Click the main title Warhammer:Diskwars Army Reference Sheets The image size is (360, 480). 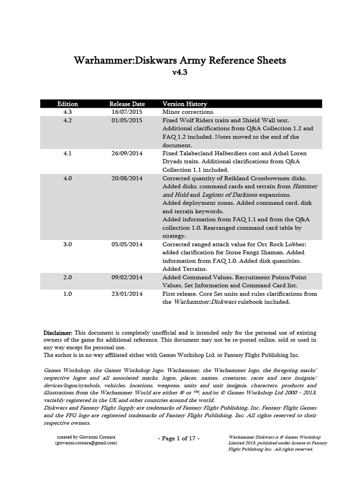[x=180, y=61]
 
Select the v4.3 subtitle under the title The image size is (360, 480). [x=180, y=74]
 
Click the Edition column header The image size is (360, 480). [x=67, y=104]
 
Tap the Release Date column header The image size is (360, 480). [x=127, y=104]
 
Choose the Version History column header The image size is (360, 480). [x=184, y=104]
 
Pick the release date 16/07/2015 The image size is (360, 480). [x=127, y=112]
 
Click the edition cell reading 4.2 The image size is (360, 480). [x=67, y=120]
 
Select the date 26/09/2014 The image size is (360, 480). [x=127, y=153]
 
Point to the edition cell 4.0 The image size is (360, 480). [x=67, y=179]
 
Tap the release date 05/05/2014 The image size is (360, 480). [x=127, y=245]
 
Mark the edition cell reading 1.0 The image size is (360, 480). [x=67, y=294]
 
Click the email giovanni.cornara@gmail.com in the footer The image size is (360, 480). [x=86, y=442]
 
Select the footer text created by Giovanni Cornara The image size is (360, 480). [x=86, y=436]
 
